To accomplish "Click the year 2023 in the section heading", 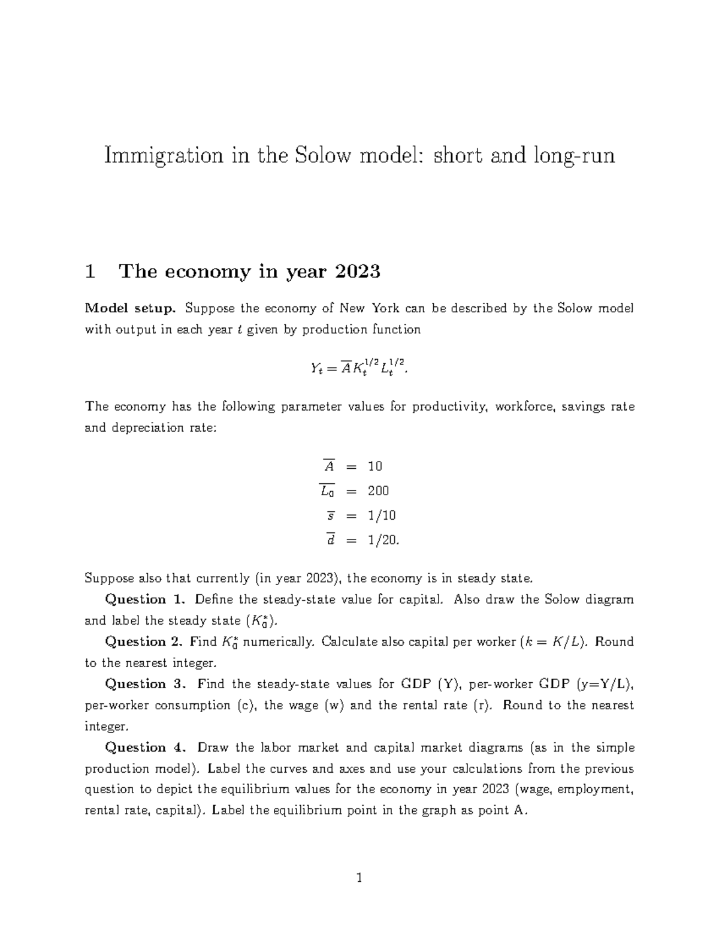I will tap(358, 272).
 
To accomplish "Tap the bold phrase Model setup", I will tap(130, 309).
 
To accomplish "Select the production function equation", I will tap(359, 367).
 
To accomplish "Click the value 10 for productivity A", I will tap(375, 466).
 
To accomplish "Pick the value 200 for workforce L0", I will tap(378, 491).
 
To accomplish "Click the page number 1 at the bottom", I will tap(359, 878).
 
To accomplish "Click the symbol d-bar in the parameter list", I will tap(330, 540).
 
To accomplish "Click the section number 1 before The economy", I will tap(90, 272).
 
